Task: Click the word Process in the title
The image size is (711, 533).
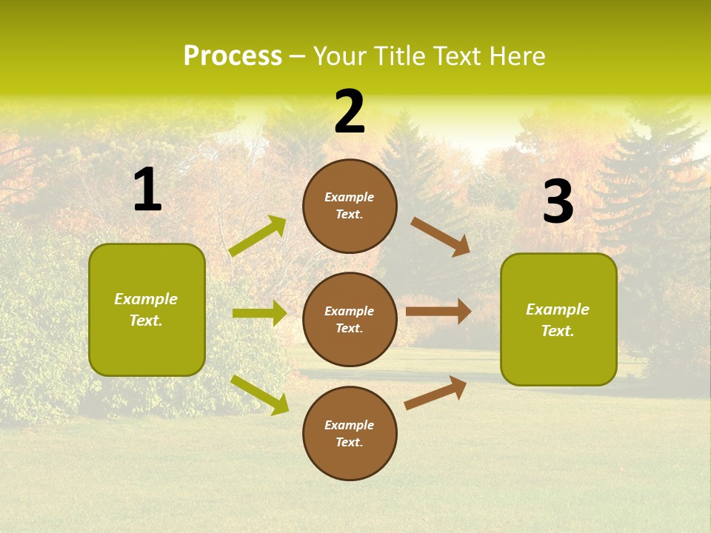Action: (x=233, y=56)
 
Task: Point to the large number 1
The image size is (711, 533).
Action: (x=147, y=190)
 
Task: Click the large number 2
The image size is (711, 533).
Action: (x=350, y=112)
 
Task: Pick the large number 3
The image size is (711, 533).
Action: (x=558, y=202)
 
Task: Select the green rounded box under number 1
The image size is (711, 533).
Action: (x=147, y=309)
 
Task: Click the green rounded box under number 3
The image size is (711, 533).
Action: (x=558, y=319)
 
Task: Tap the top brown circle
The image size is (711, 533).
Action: (x=350, y=206)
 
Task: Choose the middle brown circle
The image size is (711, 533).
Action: (x=350, y=319)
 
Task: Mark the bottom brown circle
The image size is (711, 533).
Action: (x=350, y=433)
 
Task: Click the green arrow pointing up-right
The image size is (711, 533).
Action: (x=258, y=236)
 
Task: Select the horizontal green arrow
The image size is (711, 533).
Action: (x=259, y=313)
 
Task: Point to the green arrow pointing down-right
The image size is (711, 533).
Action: (x=259, y=395)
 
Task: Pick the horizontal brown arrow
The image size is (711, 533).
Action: (x=438, y=311)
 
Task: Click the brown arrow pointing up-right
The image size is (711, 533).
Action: (x=435, y=393)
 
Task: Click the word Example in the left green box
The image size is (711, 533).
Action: (x=146, y=299)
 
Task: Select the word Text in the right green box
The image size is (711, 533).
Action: (x=557, y=331)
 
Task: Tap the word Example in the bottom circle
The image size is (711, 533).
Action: (x=350, y=425)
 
